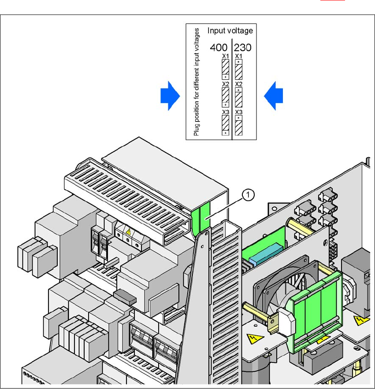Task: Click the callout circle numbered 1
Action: tap(249, 194)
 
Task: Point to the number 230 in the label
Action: tap(242, 47)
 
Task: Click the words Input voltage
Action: tap(230, 31)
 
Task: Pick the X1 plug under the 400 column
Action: tap(225, 69)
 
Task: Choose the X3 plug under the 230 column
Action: tap(239, 125)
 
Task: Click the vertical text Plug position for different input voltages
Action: tap(197, 81)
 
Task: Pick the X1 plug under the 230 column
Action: tap(239, 68)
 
